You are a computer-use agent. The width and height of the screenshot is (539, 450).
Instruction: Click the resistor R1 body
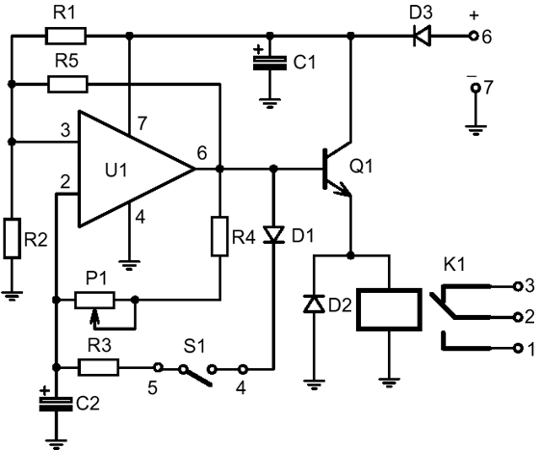pyautogui.click(x=65, y=36)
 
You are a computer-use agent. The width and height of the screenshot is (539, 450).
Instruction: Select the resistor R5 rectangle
pyautogui.click(x=67, y=84)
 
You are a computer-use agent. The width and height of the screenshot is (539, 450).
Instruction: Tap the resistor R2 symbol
pyautogui.click(x=13, y=238)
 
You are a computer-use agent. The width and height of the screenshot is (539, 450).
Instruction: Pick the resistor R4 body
pyautogui.click(x=219, y=236)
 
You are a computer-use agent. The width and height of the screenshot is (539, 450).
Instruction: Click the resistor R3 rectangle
pyautogui.click(x=99, y=367)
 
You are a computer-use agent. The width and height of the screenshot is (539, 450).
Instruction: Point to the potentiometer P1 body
pyautogui.click(x=94, y=300)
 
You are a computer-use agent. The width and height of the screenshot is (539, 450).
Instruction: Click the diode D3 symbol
pyautogui.click(x=422, y=36)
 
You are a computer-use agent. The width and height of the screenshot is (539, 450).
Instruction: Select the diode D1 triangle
pyautogui.click(x=273, y=234)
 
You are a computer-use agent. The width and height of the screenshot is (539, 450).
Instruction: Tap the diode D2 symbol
pyautogui.click(x=314, y=304)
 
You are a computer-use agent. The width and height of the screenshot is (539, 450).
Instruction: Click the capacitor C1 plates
pyautogui.click(x=269, y=63)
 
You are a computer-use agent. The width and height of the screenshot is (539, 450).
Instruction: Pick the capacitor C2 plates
pyautogui.click(x=56, y=404)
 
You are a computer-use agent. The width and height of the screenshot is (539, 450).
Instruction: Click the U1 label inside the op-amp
pyautogui.click(x=116, y=170)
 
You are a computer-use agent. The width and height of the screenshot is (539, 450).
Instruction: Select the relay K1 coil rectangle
pyautogui.click(x=389, y=309)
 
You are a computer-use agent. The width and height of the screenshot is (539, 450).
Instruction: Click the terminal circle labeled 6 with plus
pyautogui.click(x=474, y=36)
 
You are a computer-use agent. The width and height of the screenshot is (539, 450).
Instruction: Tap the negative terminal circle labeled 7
pyautogui.click(x=475, y=89)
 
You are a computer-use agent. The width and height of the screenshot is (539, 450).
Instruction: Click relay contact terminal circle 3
pyautogui.click(x=518, y=286)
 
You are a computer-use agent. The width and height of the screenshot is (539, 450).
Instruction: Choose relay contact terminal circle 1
pyautogui.click(x=518, y=349)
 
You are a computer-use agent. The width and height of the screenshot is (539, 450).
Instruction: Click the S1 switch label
pyautogui.click(x=194, y=346)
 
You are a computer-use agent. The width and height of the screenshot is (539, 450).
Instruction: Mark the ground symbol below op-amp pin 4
pyautogui.click(x=129, y=265)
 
